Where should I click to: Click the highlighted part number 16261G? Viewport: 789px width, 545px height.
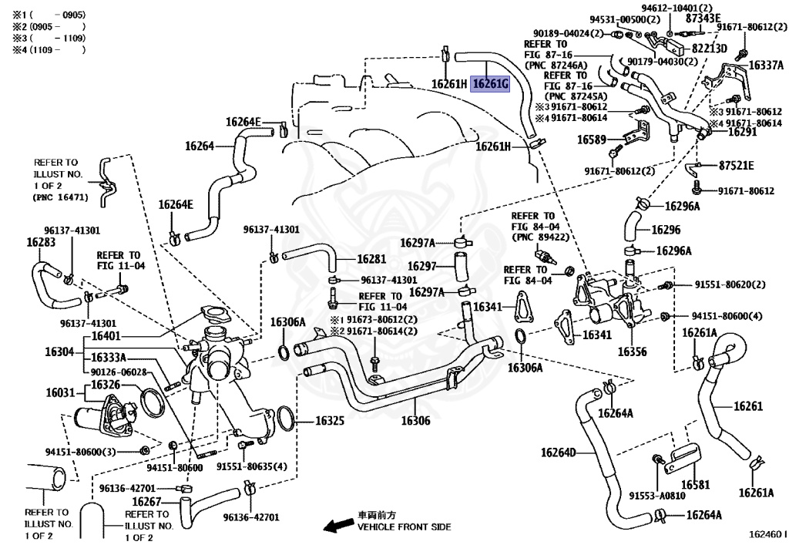coord(490,83)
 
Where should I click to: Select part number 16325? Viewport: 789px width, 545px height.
coord(330,420)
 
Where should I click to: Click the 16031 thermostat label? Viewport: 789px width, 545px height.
coord(60,392)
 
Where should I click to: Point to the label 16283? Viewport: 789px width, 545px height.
coord(41,242)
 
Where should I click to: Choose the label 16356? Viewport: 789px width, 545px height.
coord(632,352)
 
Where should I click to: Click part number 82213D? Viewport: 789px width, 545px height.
coord(709,49)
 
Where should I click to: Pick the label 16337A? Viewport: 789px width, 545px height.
coord(766,65)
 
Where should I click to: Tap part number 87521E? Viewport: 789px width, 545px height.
coord(736,166)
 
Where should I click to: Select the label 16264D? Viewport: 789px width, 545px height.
coord(558,452)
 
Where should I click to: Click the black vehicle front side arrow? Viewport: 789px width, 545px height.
coord(338,526)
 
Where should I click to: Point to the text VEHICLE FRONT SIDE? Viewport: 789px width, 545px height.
coord(404,526)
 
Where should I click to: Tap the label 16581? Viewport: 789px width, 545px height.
coord(696,485)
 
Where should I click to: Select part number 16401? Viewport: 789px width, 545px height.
coord(106,336)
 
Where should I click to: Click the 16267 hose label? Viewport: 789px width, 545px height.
coord(146,502)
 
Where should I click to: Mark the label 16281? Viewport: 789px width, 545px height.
coord(371,259)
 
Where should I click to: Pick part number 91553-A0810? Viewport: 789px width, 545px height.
coord(657,496)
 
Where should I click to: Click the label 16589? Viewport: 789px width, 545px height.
coord(591,140)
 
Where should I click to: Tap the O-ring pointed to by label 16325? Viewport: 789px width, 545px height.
coord(285,418)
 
